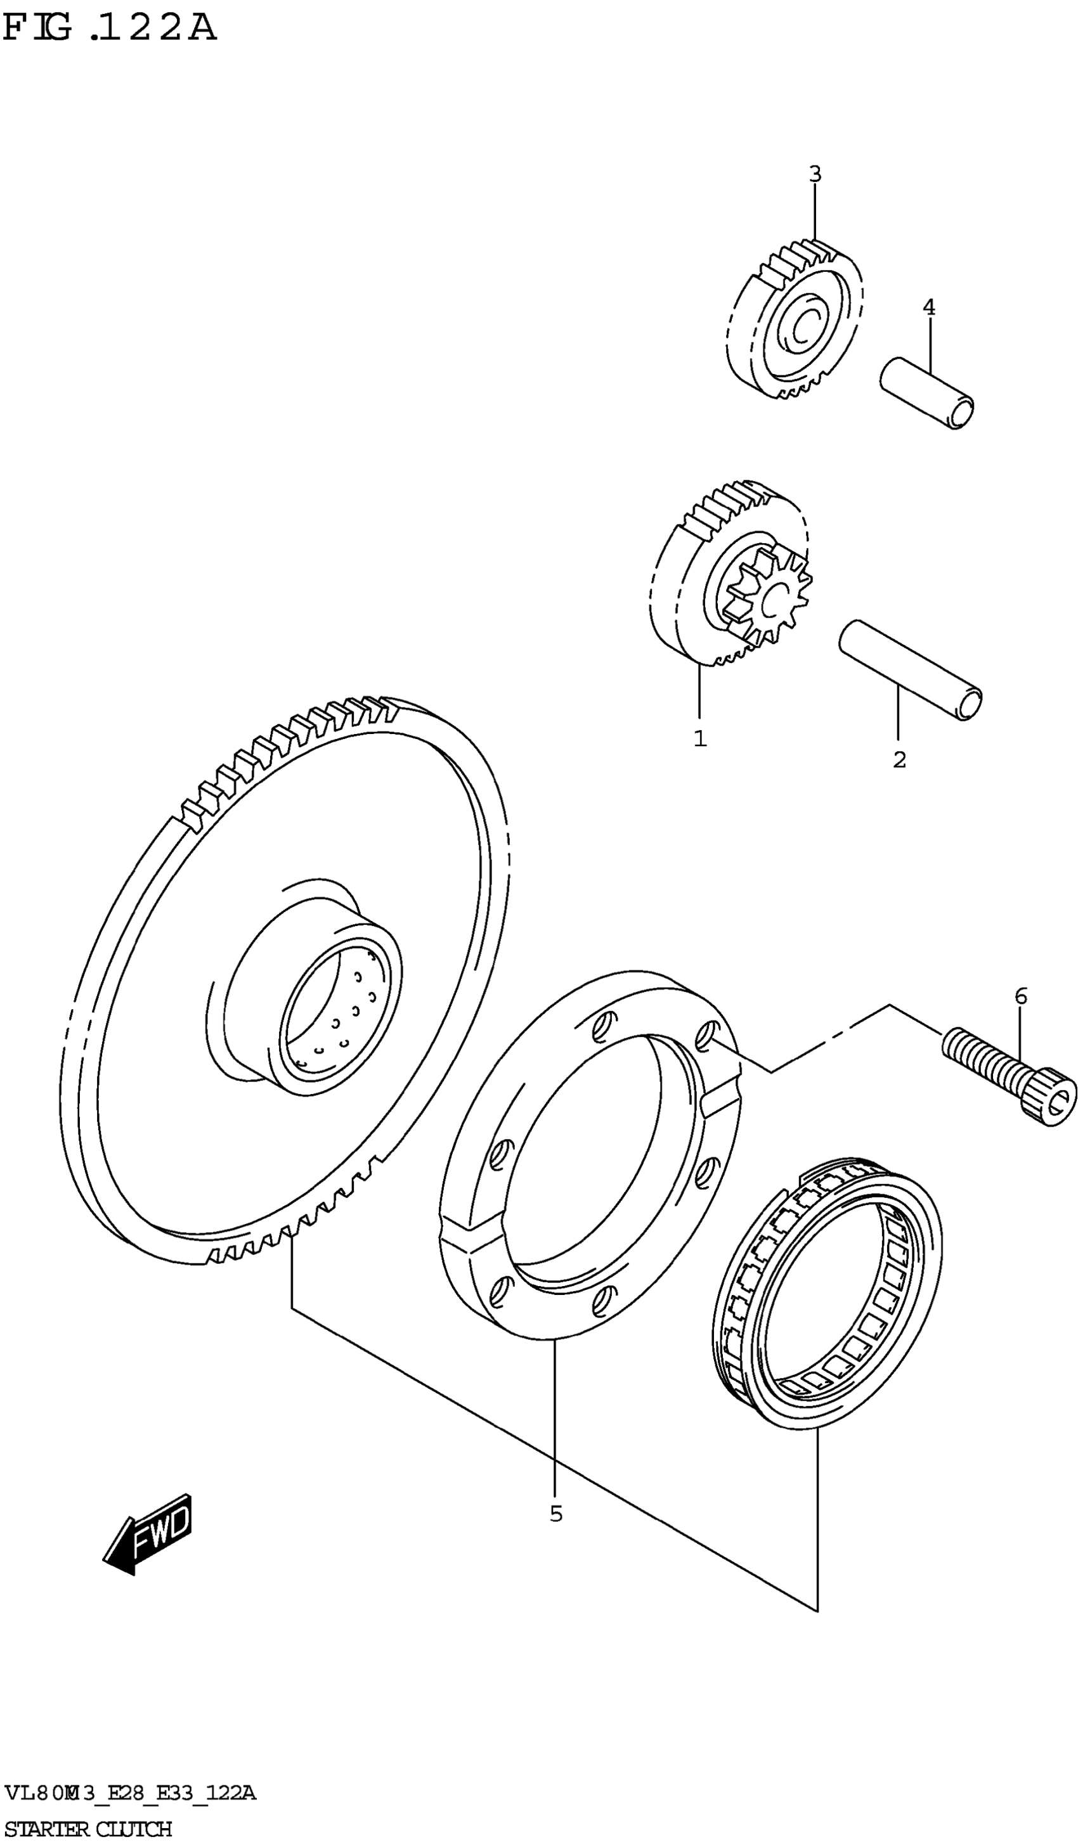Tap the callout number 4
(928, 307)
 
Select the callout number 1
(700, 738)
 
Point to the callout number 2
(899, 759)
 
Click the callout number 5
(556, 1514)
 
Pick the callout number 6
(1020, 996)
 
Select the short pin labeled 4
(925, 392)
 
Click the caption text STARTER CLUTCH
(88, 1828)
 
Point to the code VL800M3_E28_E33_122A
(130, 1793)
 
